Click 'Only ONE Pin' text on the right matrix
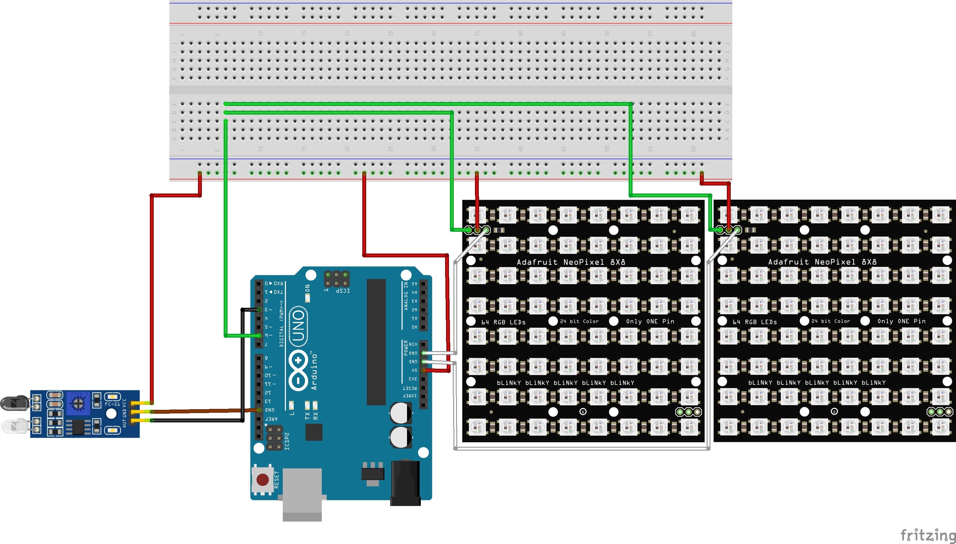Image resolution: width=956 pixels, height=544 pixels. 901,321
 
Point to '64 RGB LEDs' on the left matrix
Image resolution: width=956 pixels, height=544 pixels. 503,322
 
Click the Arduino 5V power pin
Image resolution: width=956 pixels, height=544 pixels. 423,370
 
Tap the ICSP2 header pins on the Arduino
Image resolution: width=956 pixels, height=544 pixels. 274,438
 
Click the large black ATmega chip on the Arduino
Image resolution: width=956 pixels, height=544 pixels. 376,342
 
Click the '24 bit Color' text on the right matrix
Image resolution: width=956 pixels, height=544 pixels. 831,321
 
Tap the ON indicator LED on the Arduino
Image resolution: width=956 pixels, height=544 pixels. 307,298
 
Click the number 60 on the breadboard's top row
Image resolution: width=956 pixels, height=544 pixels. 693,33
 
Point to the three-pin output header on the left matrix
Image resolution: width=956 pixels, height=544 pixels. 688,412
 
